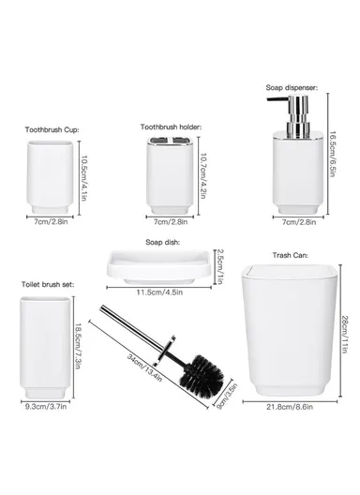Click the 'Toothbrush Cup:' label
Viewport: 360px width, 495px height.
(x=52, y=129)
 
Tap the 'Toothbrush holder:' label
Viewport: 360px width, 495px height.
(x=171, y=127)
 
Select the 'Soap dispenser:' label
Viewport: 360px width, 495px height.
(x=292, y=87)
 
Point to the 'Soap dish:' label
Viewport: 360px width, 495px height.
(x=162, y=242)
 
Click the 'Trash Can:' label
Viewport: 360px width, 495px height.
(x=291, y=255)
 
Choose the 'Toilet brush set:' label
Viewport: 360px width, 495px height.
(x=48, y=284)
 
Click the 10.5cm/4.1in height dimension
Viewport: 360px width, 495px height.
(x=83, y=178)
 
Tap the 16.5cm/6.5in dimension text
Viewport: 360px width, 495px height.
(x=332, y=154)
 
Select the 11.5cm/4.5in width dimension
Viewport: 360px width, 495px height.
(x=159, y=292)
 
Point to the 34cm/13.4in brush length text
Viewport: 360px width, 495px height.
(x=144, y=367)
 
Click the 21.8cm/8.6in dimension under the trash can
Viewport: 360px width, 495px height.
(x=290, y=407)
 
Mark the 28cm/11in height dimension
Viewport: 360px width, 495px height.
(x=345, y=335)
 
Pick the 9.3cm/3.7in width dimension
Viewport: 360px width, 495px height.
(x=46, y=407)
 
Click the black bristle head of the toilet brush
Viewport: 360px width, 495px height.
(x=202, y=375)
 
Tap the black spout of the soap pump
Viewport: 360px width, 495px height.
(x=277, y=100)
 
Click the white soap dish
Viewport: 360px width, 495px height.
(x=159, y=267)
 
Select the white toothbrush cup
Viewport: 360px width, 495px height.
(x=51, y=178)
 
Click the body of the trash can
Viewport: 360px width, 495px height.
(x=290, y=331)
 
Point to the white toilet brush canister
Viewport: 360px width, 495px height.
(x=45, y=347)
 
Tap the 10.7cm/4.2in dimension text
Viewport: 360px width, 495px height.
(x=203, y=176)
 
